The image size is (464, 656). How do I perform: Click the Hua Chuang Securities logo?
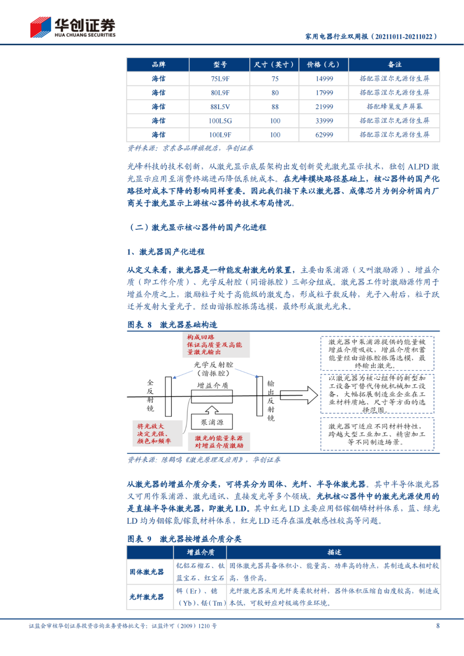pos(73,27)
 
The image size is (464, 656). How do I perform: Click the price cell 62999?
pos(324,135)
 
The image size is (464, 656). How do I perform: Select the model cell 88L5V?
pos(220,107)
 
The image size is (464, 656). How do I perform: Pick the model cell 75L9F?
pos(220,79)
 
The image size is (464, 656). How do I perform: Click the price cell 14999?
pos(324,79)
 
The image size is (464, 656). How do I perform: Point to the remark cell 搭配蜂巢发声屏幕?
pos(394,107)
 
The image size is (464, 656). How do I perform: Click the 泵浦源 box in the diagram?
pos(212,422)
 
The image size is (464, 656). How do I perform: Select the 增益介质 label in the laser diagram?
pos(212,385)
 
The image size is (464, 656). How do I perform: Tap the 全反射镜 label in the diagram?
pos(150,395)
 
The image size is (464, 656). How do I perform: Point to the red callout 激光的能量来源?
pos(219,442)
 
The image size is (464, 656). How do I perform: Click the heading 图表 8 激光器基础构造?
pos(172,325)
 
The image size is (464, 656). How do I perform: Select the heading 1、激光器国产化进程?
pos(166,252)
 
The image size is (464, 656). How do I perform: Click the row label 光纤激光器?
pos(147,597)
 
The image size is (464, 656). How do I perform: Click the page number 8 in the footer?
pos(438,626)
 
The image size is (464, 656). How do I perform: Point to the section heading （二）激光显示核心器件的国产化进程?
pos(197,227)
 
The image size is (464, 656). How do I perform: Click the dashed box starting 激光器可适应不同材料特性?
pos(377,434)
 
